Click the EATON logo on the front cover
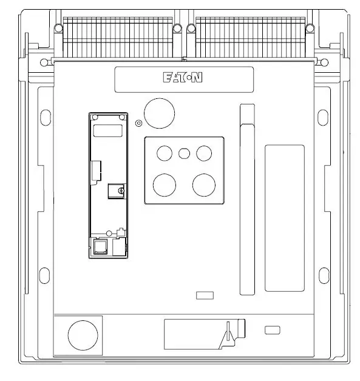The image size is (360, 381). [183, 78]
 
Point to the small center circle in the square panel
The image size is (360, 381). [184, 152]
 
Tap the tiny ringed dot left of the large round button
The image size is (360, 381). [138, 123]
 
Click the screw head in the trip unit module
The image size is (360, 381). [121, 191]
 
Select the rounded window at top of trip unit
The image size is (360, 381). [107, 130]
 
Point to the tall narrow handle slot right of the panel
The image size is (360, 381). [246, 200]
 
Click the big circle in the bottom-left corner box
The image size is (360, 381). [82, 335]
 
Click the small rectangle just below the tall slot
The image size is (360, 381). [206, 295]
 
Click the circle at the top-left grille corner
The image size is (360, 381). [58, 27]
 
